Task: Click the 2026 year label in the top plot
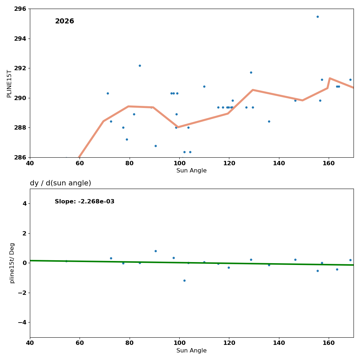(x=64, y=22)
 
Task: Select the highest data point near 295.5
(x=318, y=17)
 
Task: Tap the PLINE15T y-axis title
(x=9, y=84)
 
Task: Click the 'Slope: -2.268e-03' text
(x=85, y=202)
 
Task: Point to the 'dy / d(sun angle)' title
(x=60, y=183)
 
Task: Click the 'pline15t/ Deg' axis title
(x=12, y=263)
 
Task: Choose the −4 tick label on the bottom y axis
(x=21, y=322)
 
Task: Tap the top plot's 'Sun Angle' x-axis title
(x=192, y=171)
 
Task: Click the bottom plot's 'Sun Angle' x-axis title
(x=192, y=351)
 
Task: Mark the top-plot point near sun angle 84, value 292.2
(x=140, y=66)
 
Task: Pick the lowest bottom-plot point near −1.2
(x=184, y=280)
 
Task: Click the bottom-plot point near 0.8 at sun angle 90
(x=156, y=251)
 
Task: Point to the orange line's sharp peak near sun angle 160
(x=329, y=78)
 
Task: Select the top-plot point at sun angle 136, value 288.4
(x=269, y=121)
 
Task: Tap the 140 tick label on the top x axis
(x=279, y=163)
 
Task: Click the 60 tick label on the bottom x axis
(x=80, y=343)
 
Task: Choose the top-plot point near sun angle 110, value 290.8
(x=204, y=86)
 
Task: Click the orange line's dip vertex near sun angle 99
(x=178, y=127)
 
